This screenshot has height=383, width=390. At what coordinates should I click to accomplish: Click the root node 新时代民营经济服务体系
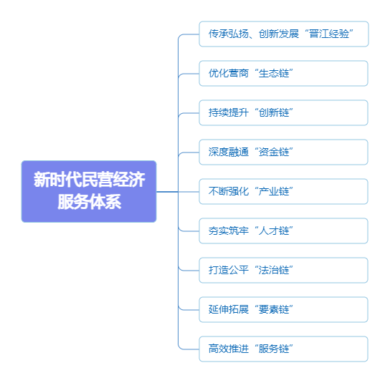(89, 191)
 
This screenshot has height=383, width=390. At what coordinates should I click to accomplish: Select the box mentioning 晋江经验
(284, 34)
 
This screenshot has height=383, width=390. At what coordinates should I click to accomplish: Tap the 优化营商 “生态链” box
(283, 73)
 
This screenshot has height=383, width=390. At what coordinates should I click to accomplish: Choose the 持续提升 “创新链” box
(283, 113)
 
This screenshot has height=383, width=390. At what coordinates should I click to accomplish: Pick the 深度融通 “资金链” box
(283, 152)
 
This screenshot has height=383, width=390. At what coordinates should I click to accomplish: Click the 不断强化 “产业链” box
(283, 192)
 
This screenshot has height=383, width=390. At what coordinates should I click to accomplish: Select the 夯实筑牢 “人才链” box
(283, 231)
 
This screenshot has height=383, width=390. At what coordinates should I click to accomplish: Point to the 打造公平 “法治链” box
(283, 270)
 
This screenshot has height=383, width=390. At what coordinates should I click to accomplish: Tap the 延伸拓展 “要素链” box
(283, 309)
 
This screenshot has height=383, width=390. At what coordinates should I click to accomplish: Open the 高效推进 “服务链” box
(283, 349)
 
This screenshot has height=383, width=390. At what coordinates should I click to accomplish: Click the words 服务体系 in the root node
(90, 202)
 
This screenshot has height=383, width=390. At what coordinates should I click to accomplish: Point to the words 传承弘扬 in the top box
(229, 34)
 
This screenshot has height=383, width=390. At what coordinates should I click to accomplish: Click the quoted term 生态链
(274, 74)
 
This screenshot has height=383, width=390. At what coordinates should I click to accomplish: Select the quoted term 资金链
(274, 152)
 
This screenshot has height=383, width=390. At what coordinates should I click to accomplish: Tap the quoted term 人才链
(274, 231)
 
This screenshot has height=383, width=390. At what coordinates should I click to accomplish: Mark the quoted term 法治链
(274, 270)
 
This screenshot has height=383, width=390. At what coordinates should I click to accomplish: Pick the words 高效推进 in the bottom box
(229, 349)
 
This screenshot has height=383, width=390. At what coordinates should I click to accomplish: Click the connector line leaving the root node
(167, 192)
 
